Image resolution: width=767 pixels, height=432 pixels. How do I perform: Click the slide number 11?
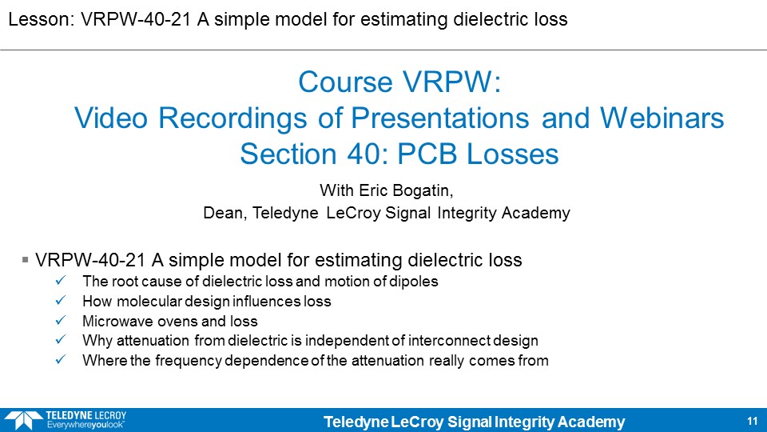[x=753, y=421]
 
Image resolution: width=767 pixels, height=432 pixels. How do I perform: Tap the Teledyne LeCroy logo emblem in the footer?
[x=23, y=420]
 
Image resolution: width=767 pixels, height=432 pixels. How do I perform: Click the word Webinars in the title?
[x=662, y=118]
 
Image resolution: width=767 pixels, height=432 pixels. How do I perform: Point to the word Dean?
[x=225, y=213]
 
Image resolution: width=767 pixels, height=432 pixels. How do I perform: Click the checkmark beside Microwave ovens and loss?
[x=61, y=320]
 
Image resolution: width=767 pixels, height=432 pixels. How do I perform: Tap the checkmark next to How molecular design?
[x=61, y=300]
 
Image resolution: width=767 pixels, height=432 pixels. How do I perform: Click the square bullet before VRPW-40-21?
[x=25, y=259]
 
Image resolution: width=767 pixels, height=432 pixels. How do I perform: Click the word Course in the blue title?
[x=346, y=82]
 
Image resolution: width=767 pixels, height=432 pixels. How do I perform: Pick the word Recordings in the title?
[x=232, y=118]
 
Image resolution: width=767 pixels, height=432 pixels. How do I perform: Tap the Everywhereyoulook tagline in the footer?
[x=85, y=425]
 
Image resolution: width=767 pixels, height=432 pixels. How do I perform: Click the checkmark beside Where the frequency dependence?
[x=61, y=360]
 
